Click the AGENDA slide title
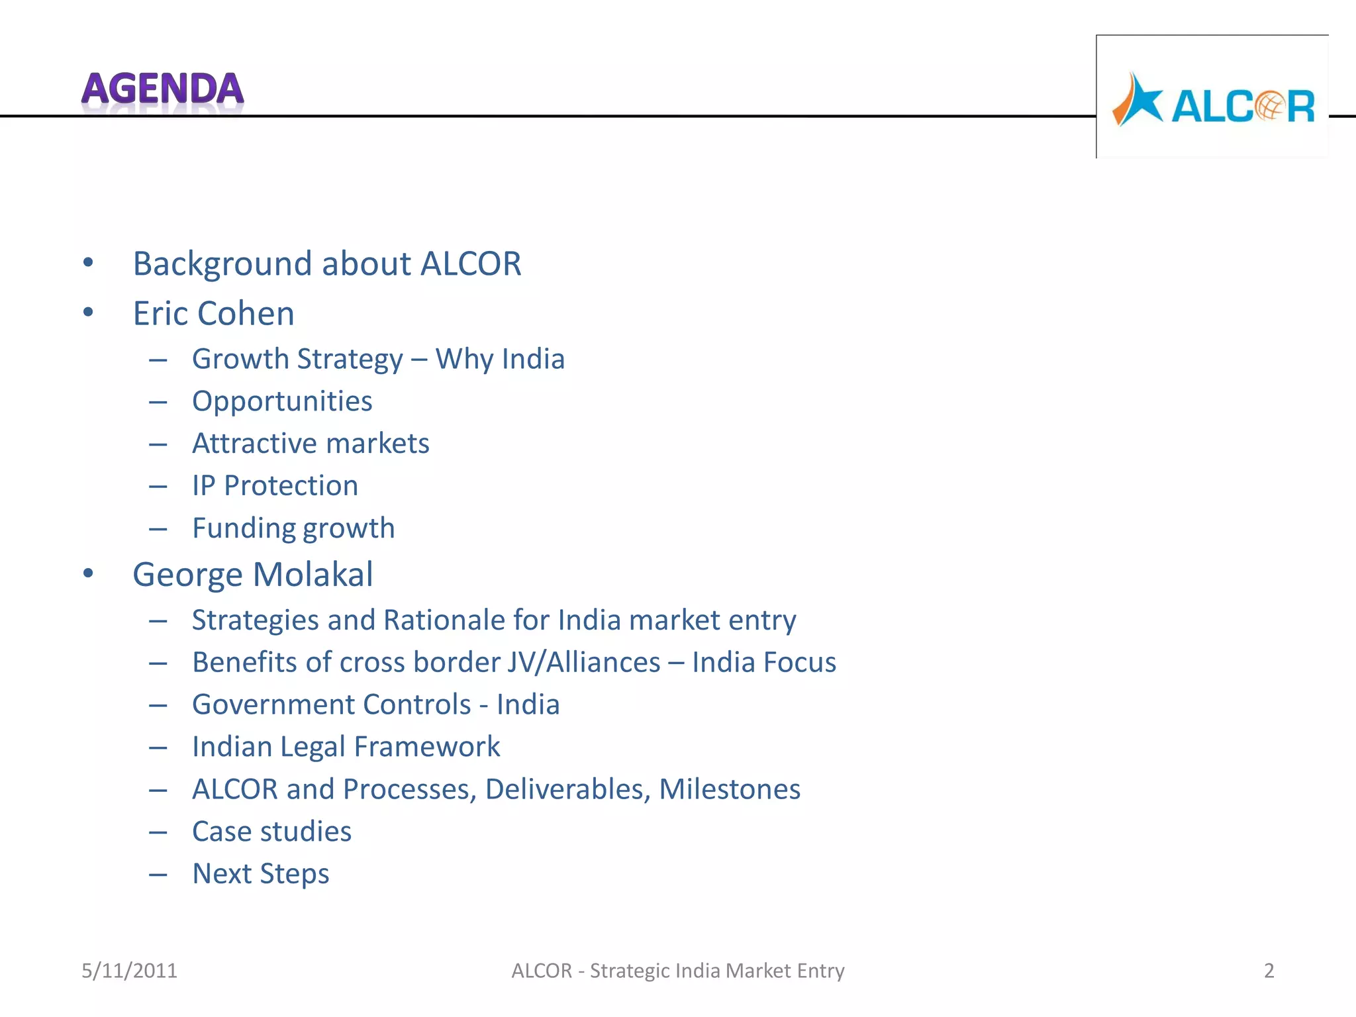(162, 89)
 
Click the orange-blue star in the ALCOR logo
(1137, 101)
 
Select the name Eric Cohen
(213, 313)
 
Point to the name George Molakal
(252, 574)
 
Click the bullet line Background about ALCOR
(327, 264)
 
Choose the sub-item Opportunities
(282, 401)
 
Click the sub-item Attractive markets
(311, 444)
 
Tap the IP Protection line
(275, 486)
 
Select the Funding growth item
(293, 528)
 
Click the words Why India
(500, 359)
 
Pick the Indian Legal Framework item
(346, 747)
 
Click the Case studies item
(271, 832)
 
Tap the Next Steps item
(260, 874)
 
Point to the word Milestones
(730, 789)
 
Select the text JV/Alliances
(584, 662)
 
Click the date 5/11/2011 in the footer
(129, 971)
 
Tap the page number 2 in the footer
(1269, 971)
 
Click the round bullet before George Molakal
(88, 573)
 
